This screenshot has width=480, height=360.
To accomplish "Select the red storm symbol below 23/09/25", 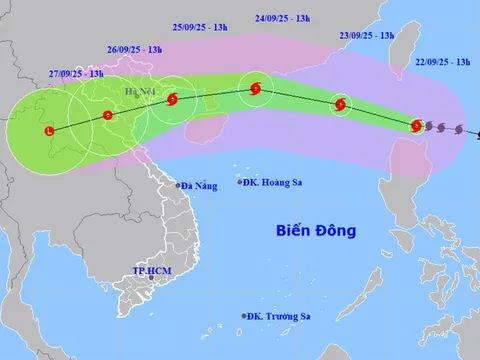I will [x=342, y=103].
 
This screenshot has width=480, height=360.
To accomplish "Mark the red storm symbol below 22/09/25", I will [x=417, y=125].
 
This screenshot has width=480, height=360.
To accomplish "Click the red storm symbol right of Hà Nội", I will [x=173, y=99].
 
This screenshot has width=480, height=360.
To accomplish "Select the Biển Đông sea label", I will [x=316, y=231].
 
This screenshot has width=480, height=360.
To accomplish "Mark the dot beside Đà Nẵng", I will [x=177, y=186].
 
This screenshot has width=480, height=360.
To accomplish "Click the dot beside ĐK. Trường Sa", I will [x=244, y=317].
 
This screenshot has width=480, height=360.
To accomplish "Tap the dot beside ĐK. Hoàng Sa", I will [x=240, y=182].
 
